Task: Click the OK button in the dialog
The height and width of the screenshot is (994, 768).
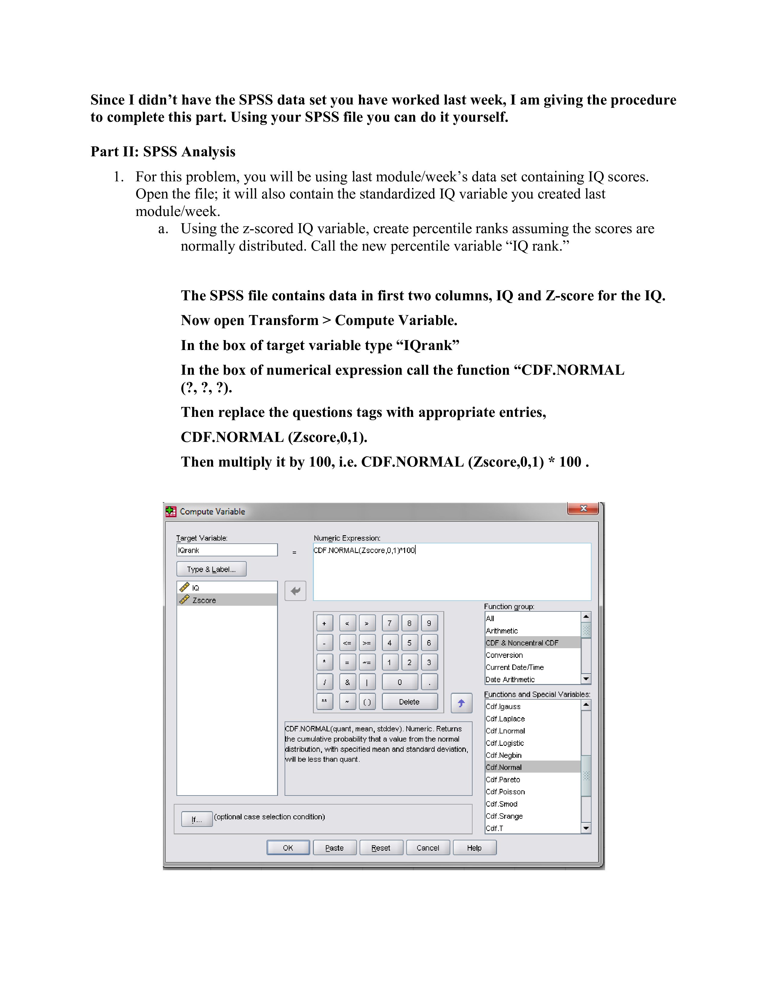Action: pos(288,847)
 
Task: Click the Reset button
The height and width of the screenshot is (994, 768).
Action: pos(381,847)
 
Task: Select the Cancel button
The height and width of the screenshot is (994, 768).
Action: pos(428,847)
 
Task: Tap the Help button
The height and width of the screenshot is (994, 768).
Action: pos(474,847)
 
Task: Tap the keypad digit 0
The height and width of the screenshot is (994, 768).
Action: pos(399,682)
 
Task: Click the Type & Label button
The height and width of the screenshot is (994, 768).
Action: pos(211,569)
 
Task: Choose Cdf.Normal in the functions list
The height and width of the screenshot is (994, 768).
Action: pos(504,767)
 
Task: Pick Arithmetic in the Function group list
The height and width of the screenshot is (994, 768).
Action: pos(502,631)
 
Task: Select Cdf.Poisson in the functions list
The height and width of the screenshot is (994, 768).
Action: pos(505,792)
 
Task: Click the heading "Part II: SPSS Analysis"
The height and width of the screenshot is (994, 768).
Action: pos(163,152)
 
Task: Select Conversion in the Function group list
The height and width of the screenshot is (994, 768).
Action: pos(504,655)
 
